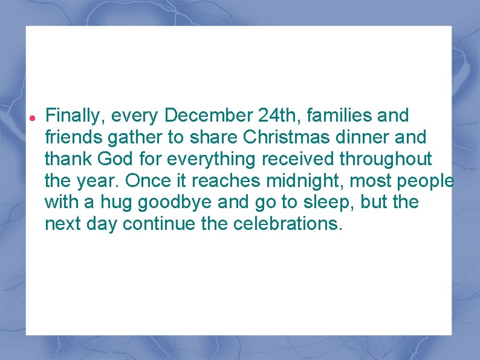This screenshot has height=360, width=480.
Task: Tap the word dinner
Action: (360, 137)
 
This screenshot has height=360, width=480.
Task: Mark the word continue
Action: (158, 224)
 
